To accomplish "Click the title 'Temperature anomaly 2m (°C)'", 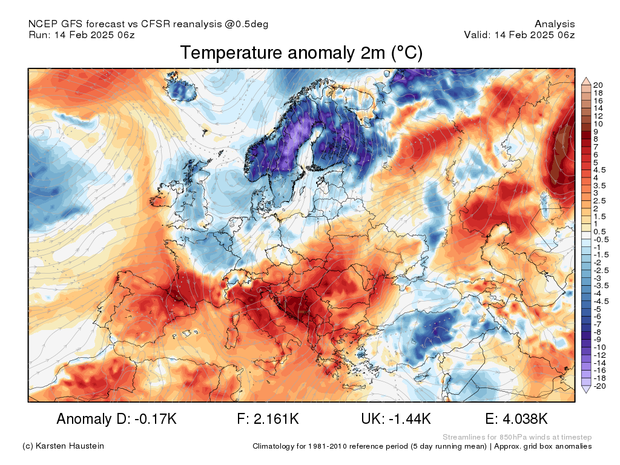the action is point(302,53).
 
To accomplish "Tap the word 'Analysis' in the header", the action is point(555,24).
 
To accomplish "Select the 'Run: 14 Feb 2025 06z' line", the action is point(82,35).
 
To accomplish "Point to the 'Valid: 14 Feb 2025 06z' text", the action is point(519,35).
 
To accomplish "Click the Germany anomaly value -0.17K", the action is point(156,418).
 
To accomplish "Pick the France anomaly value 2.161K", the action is point(276,418).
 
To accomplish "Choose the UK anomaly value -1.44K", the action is point(410,418).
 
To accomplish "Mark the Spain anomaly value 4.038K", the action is point(525,418).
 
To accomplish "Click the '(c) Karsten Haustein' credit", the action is point(63,446).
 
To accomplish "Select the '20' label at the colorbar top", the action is point(598,85).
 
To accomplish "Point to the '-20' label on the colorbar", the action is point(599,386).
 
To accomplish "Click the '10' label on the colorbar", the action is point(598,124).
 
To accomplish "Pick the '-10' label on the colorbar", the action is point(599,348).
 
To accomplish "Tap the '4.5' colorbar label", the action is point(599,170).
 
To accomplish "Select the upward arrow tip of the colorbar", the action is point(586,78).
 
